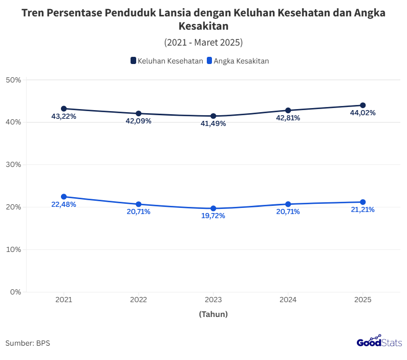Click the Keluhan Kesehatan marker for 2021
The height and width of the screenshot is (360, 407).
coord(64,109)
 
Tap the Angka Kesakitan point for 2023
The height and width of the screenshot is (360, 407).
coord(213,208)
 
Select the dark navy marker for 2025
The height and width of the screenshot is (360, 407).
coord(363,105)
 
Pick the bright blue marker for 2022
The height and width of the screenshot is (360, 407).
coord(138,204)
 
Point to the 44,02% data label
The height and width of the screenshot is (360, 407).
coord(362,113)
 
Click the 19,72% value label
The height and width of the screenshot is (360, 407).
coord(212,216)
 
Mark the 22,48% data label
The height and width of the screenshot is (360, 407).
coord(64,204)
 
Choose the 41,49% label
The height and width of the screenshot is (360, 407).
coord(213,123)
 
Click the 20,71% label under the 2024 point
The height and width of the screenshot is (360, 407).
coord(288,211)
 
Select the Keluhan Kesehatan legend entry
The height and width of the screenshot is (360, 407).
coord(166,60)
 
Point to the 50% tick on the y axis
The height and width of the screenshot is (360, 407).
coord(13,80)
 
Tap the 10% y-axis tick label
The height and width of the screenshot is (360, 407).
coord(13,249)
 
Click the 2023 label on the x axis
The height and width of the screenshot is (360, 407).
coord(213,299)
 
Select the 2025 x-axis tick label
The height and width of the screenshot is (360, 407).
coord(362,299)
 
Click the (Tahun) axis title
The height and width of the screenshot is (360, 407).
coord(213,314)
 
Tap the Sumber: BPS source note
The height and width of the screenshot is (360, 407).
coord(28,343)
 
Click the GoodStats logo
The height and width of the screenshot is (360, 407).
coord(379,342)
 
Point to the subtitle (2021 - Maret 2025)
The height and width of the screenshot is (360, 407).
coord(203,42)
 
